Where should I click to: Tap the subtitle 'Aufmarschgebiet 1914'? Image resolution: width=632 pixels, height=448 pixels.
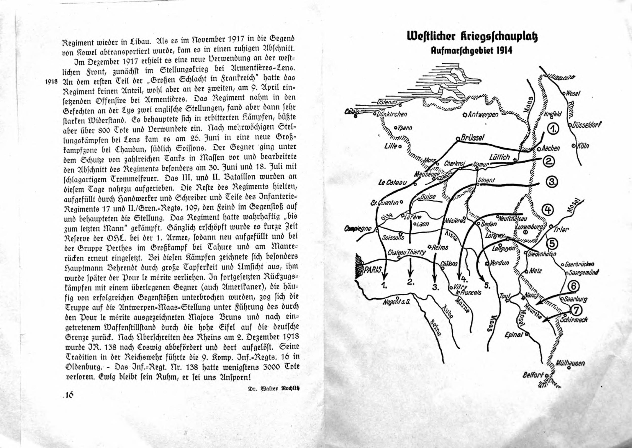coord(472,51)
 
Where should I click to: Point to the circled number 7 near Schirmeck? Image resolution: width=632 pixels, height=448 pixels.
coord(575,311)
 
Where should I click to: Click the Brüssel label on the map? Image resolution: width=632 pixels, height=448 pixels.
coord(472,138)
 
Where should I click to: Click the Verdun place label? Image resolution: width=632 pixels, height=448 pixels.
coord(499,263)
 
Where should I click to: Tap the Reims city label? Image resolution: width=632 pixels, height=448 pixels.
coord(440,247)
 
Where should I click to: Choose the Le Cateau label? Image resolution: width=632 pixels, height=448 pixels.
coord(392,183)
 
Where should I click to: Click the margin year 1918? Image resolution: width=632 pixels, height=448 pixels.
coord(52,82)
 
